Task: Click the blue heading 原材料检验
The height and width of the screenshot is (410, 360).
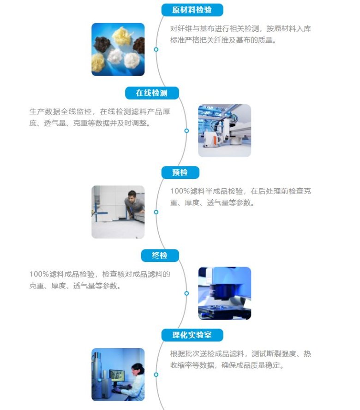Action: [192, 10]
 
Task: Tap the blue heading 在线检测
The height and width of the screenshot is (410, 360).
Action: [152, 93]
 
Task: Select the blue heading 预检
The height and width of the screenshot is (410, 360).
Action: [180, 172]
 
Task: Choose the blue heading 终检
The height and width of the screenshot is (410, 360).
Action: [160, 256]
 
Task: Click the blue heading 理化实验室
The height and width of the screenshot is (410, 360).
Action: [192, 335]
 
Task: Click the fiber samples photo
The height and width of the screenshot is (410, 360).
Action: [118, 49]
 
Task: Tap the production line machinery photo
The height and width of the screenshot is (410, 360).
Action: [224, 131]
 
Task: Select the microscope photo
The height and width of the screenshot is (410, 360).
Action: [224, 293]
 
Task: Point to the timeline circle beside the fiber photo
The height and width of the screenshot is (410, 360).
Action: [156, 49]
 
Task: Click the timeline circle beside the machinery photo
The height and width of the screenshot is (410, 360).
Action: [186, 131]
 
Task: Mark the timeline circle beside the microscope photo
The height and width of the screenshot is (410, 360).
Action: [186, 293]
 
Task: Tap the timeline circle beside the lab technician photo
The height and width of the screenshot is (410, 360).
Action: [156, 374]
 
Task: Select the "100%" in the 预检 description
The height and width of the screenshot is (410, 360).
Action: [180, 191]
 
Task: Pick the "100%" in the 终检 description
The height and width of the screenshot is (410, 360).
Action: [39, 274]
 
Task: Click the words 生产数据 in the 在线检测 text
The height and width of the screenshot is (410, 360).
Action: [44, 112]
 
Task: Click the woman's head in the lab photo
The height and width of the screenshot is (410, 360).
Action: [137, 370]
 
